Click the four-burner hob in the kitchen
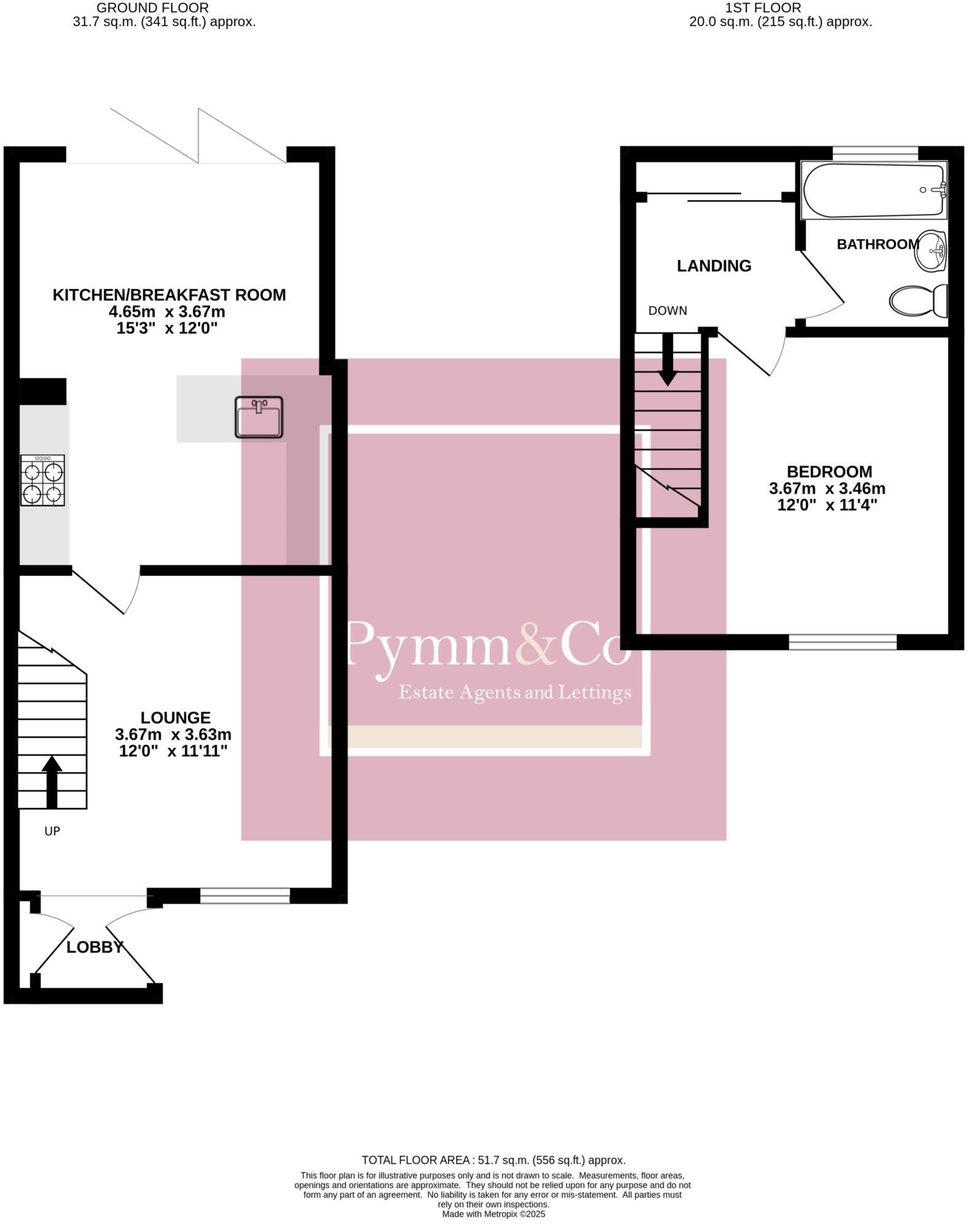[x=42, y=480]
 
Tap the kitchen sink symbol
[x=259, y=417]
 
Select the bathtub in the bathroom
[x=874, y=190]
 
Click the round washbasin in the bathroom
[x=931, y=251]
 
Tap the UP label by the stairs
[x=52, y=831]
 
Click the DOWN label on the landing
[x=668, y=311]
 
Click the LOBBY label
[x=95, y=947]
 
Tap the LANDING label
[x=714, y=266]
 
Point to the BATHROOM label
[x=878, y=245]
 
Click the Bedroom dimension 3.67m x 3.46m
[x=827, y=489]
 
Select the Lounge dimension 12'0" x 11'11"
[x=173, y=751]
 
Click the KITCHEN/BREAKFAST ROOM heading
[x=169, y=295]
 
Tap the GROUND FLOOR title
[x=152, y=8]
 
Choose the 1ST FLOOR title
[x=763, y=8]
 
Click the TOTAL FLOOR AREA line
[x=493, y=1160]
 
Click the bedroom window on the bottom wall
[x=842, y=643]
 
